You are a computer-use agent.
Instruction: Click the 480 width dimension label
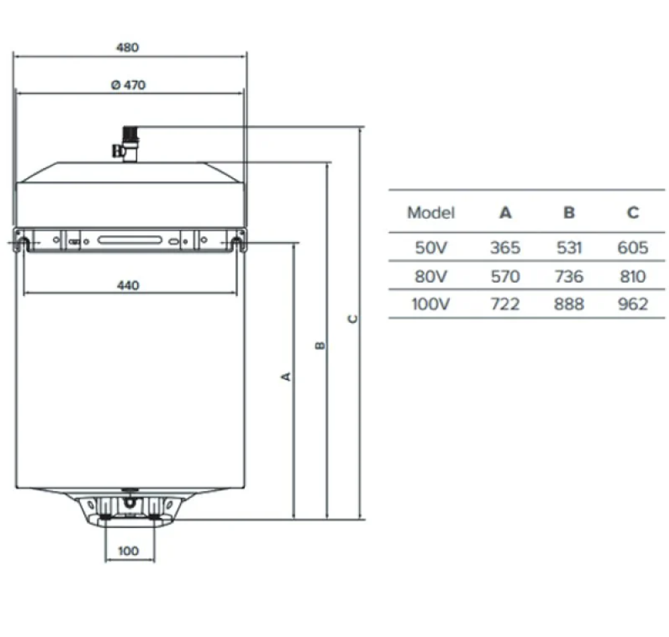pyautogui.click(x=127, y=48)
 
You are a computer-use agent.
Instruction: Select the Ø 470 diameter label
pyautogui.click(x=127, y=85)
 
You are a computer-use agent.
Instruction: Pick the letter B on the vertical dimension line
pyautogui.click(x=321, y=346)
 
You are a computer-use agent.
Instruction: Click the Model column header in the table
pyautogui.click(x=431, y=213)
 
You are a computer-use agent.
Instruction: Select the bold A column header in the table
pyautogui.click(x=505, y=213)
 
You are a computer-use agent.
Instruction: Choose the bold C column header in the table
pyautogui.click(x=633, y=213)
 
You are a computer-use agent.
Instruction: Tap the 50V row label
pyautogui.click(x=431, y=248)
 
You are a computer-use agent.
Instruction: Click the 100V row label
pyautogui.click(x=431, y=304)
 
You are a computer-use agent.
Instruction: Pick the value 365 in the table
pyautogui.click(x=505, y=248)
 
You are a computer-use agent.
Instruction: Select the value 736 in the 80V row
pyautogui.click(x=569, y=276)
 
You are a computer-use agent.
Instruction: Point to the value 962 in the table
pyautogui.click(x=633, y=304)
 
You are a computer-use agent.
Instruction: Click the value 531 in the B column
pyautogui.click(x=569, y=248)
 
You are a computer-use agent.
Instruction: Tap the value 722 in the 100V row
pyautogui.click(x=505, y=304)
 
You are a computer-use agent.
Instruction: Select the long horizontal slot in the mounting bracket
pyautogui.click(x=130, y=239)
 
